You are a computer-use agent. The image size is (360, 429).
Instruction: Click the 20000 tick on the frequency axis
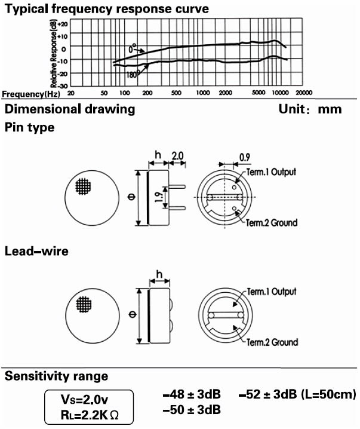[304, 93]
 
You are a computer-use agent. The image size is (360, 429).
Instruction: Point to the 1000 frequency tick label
[203, 93]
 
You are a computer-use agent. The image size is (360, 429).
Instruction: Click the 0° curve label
[133, 48]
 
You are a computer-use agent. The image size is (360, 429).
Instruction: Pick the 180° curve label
[133, 74]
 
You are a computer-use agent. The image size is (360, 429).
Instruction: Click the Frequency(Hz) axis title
[31, 94]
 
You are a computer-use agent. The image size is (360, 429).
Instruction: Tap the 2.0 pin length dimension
[177, 156]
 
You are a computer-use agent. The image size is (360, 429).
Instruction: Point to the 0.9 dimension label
[245, 157]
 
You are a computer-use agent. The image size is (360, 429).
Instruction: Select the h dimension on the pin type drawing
[158, 155]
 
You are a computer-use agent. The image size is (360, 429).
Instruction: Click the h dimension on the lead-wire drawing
[159, 274]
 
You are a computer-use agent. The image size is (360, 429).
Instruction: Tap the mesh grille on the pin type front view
[83, 186]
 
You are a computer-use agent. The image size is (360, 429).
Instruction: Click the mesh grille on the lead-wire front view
[84, 304]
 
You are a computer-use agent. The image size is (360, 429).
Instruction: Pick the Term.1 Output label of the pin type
[271, 172]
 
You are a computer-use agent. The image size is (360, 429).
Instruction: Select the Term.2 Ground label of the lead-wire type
[272, 342]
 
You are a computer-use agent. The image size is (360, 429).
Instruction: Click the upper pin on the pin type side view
[177, 186]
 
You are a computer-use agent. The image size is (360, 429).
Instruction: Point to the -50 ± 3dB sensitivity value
[192, 410]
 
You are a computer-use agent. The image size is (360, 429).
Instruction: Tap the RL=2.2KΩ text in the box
[90, 415]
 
